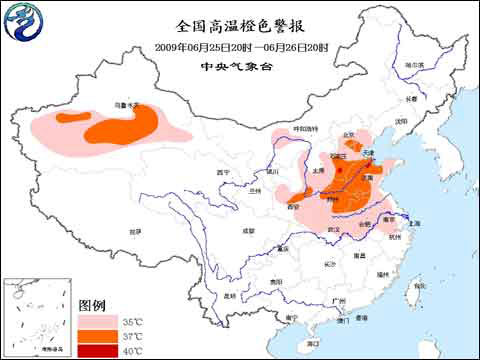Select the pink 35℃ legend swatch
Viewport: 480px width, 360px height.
point(95,322)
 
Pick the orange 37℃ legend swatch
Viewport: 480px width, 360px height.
point(95,337)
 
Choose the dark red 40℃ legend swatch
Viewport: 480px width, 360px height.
point(95,351)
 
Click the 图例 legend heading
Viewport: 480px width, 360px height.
point(93,304)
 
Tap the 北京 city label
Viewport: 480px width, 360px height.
point(349,135)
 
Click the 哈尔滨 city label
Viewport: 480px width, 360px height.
point(414,65)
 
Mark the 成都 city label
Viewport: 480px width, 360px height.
point(246,231)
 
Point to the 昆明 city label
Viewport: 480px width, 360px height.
point(231,296)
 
